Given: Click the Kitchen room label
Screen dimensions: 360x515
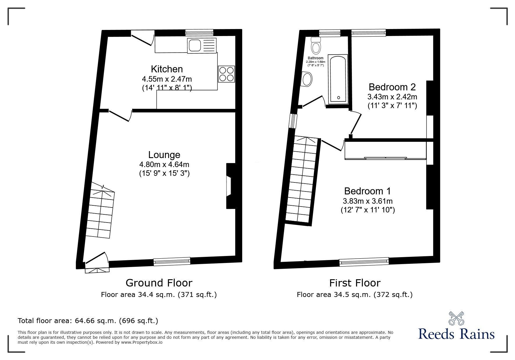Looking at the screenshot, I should click(x=167, y=69).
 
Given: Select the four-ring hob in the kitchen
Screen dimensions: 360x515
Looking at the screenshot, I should click(x=227, y=74).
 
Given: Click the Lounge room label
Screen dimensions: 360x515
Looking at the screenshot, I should click(x=164, y=155).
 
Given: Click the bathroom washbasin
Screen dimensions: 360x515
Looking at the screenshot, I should click(x=307, y=79).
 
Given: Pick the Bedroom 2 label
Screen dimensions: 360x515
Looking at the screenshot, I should click(x=392, y=87).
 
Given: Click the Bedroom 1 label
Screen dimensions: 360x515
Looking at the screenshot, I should click(x=367, y=191).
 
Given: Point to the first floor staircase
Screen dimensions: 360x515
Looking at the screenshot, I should click(x=302, y=180).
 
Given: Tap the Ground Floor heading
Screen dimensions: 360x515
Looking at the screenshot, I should click(x=159, y=283).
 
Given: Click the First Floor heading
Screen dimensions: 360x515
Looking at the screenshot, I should click(x=354, y=283).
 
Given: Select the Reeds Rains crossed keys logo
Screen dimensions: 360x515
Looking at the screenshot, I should click(x=456, y=322).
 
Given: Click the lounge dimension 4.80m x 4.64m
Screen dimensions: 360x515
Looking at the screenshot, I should click(x=164, y=164).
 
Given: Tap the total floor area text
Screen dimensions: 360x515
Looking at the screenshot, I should click(x=88, y=321).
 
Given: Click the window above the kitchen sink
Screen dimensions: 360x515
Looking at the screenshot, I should click(x=199, y=32).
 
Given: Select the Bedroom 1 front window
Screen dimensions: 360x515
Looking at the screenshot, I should click(x=364, y=261).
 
